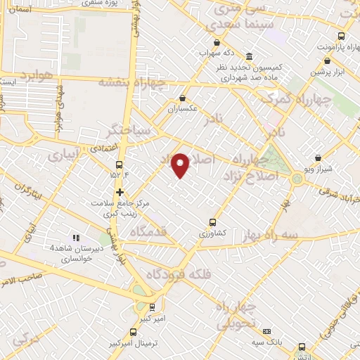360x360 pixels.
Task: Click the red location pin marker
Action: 181,165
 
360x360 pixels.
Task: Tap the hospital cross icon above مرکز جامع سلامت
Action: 120,191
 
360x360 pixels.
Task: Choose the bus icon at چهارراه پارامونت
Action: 342,36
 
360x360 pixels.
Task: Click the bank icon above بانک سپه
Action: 267,331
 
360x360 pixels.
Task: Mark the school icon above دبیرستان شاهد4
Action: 75,237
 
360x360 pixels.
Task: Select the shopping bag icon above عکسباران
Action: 183,98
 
